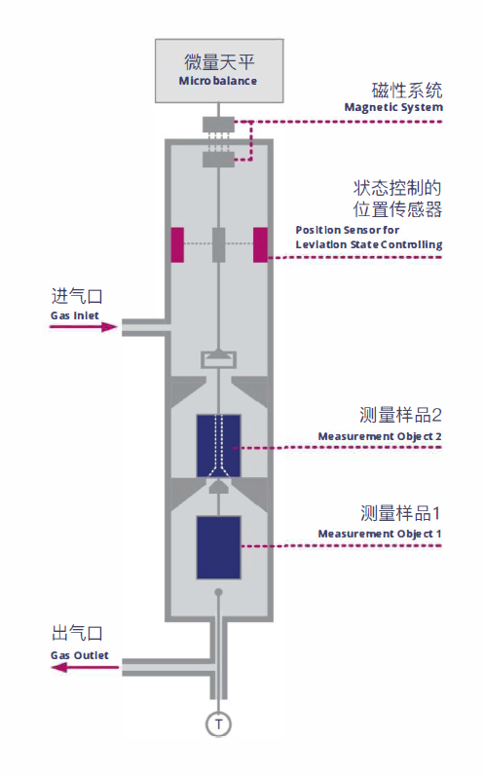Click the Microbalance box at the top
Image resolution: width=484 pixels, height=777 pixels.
coord(219,71)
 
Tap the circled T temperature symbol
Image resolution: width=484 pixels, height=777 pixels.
coord(218,724)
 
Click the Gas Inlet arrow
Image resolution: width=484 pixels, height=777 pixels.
coord(83,326)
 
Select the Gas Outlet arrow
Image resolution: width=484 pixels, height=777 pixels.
coord(85,668)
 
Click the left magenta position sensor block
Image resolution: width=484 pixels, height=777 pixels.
coord(177,244)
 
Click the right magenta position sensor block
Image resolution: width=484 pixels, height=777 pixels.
coord(261,244)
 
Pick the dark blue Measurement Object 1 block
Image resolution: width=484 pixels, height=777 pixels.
coord(218,547)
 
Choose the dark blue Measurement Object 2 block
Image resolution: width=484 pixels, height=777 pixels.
coord(218,446)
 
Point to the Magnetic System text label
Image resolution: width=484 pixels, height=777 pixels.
coord(393,107)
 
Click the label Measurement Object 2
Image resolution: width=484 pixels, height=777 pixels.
coord(380,436)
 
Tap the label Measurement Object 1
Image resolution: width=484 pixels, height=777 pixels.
coord(380,534)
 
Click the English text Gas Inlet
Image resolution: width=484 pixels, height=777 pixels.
coord(75,315)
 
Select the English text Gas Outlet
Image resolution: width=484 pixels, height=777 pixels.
coord(80,655)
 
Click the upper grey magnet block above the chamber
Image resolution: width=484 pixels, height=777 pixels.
coord(218,125)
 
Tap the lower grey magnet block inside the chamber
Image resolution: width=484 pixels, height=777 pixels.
coord(218,159)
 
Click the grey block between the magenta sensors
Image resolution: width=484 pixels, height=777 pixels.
coord(218,244)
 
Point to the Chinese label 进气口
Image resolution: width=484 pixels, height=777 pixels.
coord(77,296)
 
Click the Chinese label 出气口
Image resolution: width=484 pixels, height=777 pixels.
coord(77,633)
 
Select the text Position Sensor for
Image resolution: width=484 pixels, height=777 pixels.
coord(348,230)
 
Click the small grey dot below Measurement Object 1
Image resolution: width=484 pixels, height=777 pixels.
coord(218,592)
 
